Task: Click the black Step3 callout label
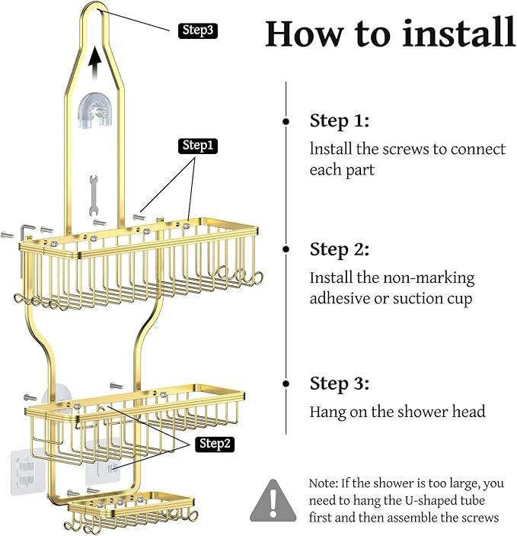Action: point(198,30)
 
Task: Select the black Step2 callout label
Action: point(215,444)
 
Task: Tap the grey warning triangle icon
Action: point(274,500)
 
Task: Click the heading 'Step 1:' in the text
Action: point(339,120)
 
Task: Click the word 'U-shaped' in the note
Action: point(417,500)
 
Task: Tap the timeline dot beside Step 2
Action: point(286,249)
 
